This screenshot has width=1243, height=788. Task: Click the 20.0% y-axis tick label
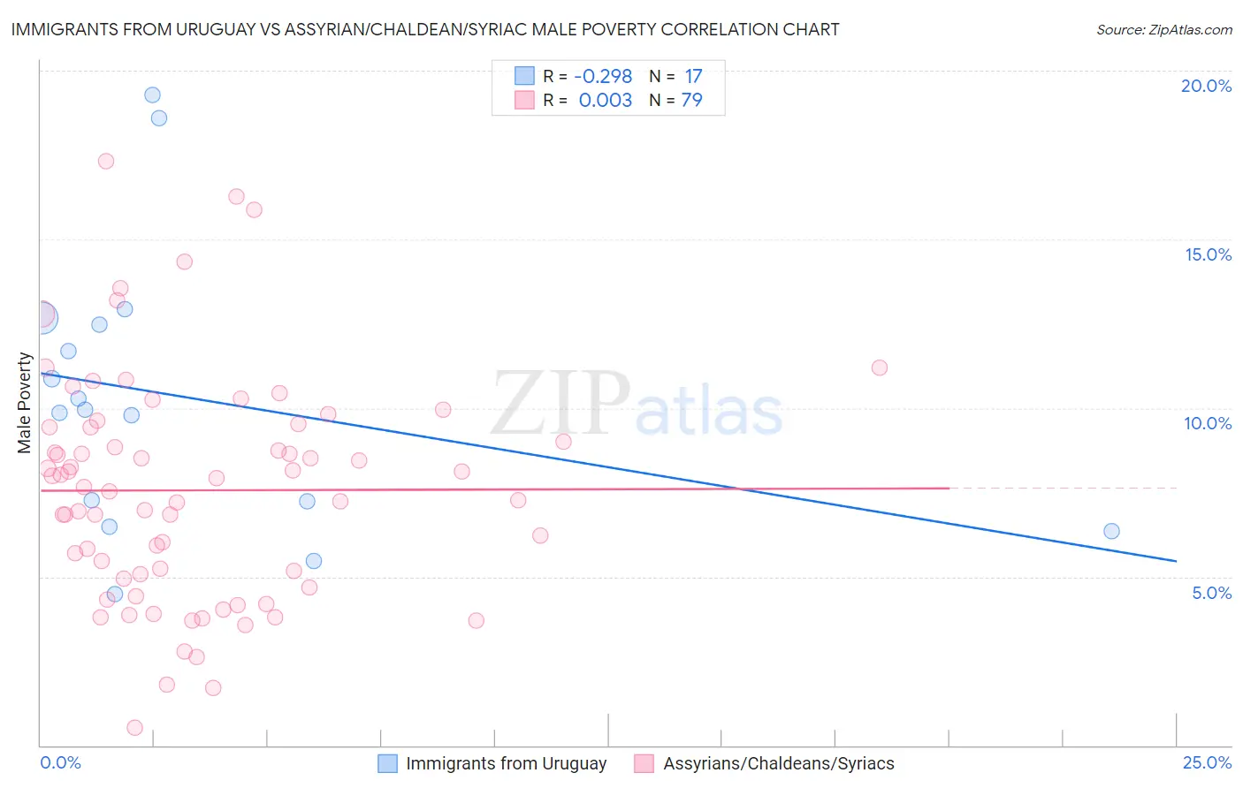[1206, 86]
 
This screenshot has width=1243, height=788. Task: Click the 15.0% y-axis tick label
[1208, 254]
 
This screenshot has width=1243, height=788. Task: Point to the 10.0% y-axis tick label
[1208, 423]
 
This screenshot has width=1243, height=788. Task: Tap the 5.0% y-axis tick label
[1211, 593]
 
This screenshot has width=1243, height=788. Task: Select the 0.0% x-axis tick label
[60, 762]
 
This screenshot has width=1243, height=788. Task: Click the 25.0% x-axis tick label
[1207, 762]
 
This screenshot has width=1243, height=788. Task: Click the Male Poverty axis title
[25, 403]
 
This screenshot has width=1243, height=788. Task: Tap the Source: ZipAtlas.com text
[1163, 29]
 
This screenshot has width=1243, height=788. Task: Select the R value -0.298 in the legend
[603, 76]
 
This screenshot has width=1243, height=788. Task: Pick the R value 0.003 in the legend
[605, 100]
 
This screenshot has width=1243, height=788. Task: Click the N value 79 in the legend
[691, 100]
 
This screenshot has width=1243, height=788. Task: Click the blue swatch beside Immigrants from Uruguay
[387, 763]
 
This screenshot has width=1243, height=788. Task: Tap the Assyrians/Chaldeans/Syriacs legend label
[778, 763]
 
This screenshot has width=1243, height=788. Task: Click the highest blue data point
[152, 95]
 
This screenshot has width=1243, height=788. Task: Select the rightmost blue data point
[1111, 531]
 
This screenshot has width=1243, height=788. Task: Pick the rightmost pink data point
[879, 367]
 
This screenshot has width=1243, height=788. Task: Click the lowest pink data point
[134, 728]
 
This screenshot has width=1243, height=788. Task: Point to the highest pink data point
[106, 161]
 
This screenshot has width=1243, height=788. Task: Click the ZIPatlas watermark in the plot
[637, 405]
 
